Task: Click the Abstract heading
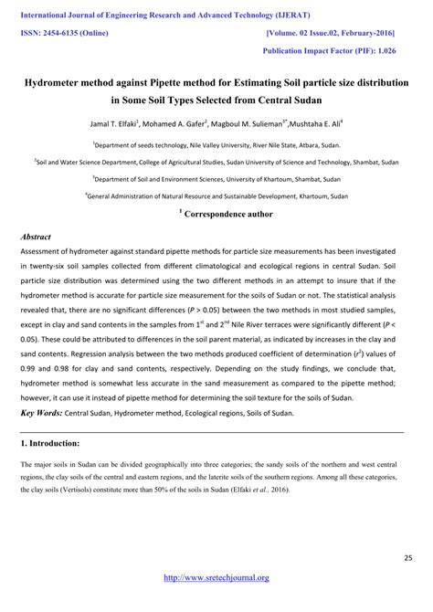tap(36, 237)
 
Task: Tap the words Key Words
tap(40, 413)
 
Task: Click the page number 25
tap(408, 556)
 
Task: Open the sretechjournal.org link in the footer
tap(216, 577)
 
